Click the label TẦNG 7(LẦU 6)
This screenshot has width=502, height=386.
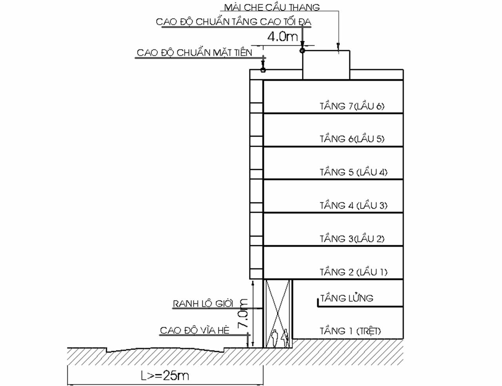pyautogui.click(x=352, y=106)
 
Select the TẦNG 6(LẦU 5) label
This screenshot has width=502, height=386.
pyautogui.click(x=352, y=139)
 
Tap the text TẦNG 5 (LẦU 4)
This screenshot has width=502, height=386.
pyautogui.click(x=353, y=172)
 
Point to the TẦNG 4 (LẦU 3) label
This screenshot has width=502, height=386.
pyautogui.click(x=353, y=205)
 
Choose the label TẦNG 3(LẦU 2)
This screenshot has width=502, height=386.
pyautogui.click(x=352, y=239)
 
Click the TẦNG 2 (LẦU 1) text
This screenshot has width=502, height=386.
pyautogui.click(x=353, y=272)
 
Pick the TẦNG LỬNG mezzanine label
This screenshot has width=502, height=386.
pyautogui.click(x=347, y=298)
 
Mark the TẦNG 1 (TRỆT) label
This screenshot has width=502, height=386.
pyautogui.click(x=350, y=331)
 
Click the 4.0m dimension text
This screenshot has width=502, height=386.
pyautogui.click(x=282, y=37)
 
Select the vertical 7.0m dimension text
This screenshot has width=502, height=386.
pyautogui.click(x=243, y=314)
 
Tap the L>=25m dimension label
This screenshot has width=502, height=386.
pyautogui.click(x=165, y=376)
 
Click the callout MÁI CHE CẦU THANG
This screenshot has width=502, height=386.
pyautogui.click(x=272, y=7)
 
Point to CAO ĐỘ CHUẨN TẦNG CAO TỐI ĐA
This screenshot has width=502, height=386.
pyautogui.click(x=233, y=22)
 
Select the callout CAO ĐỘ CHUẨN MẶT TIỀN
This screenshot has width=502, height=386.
pyautogui.click(x=195, y=53)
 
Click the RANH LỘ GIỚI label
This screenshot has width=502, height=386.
pyautogui.click(x=203, y=304)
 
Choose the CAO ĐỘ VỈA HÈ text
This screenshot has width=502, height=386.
pyautogui.click(x=195, y=331)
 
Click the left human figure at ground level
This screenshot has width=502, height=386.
pyautogui.click(x=275, y=338)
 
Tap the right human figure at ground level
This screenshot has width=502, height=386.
pyautogui.click(x=285, y=337)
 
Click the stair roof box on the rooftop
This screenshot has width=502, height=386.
pyautogui.click(x=326, y=65)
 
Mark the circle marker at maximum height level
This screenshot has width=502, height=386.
pyautogui.click(x=302, y=51)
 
